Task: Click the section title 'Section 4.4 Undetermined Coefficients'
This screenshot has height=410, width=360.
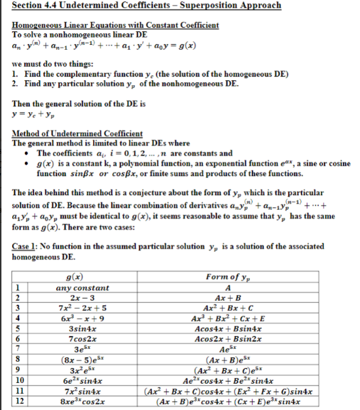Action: pos(107,7)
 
